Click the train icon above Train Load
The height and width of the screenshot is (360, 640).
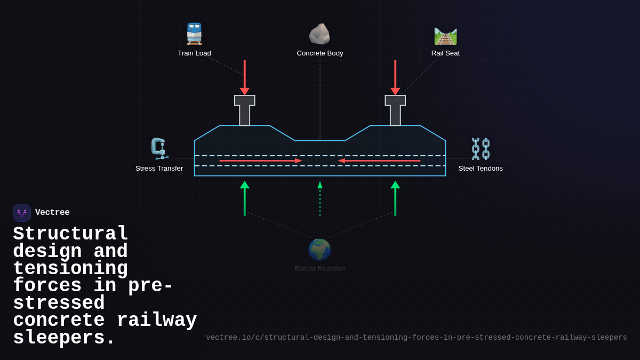tap(194, 34)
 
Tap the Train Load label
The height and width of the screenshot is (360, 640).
tap(194, 53)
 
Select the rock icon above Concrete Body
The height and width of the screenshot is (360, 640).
tap(319, 34)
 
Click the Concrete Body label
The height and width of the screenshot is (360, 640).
tap(320, 53)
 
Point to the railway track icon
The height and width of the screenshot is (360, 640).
tap(445, 36)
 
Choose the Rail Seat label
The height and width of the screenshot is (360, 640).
tap(445, 53)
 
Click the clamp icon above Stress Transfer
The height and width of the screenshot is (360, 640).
tap(159, 148)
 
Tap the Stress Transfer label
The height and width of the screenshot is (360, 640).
tap(159, 169)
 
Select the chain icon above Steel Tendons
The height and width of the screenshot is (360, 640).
tap(481, 149)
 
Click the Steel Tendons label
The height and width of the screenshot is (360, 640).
tap(481, 169)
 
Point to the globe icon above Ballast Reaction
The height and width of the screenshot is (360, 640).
tap(319, 250)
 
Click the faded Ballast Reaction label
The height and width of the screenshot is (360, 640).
tap(320, 269)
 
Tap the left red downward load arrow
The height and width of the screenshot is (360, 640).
tap(245, 77)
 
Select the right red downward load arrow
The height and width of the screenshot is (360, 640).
tap(395, 77)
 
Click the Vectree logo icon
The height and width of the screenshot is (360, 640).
tap(22, 213)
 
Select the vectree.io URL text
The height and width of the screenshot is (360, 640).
tap(417, 338)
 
